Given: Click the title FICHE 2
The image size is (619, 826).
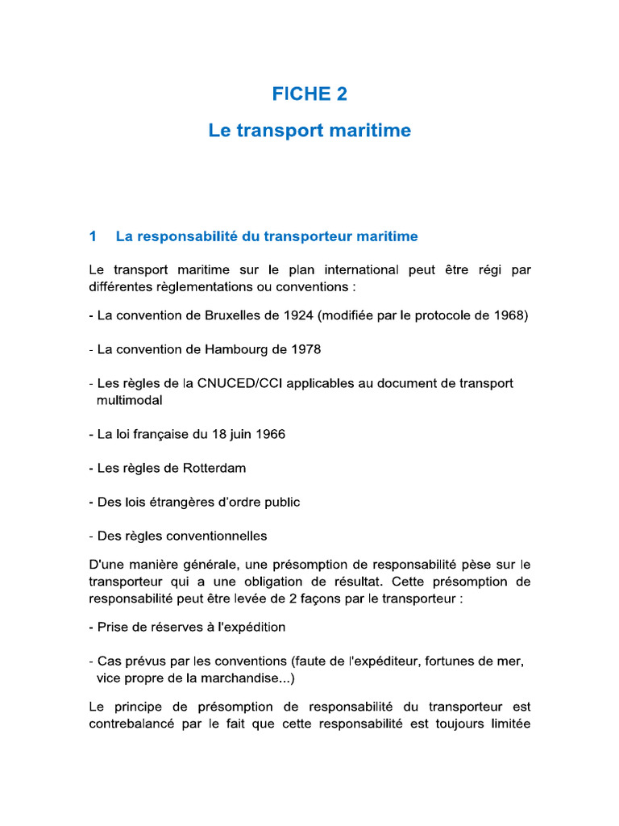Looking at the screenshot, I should tap(309, 94).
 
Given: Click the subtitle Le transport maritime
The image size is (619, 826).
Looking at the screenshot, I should tap(309, 130).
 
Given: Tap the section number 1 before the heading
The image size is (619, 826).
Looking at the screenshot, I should tap(93, 236).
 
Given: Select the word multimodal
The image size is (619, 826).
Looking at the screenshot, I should tap(130, 400).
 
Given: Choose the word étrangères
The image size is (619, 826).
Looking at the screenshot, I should tap(174, 502).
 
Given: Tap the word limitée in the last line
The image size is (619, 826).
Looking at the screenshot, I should tap(505, 724).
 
